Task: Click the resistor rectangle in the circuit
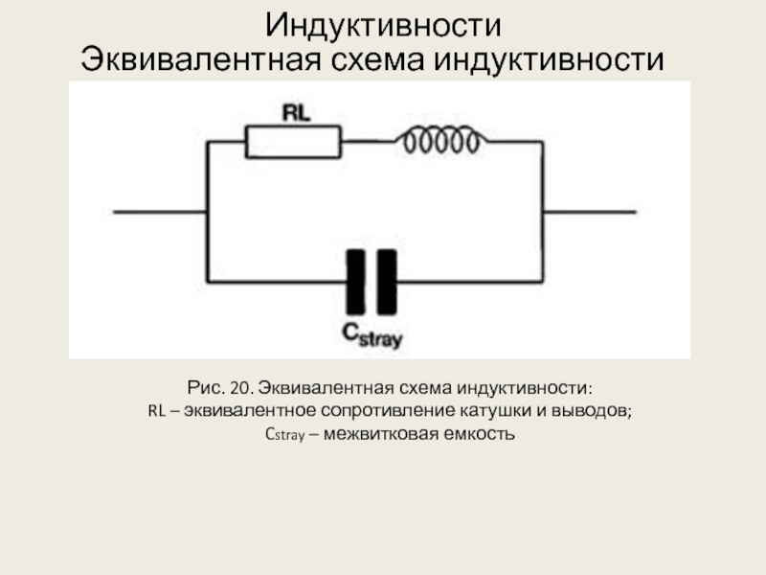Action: pyautogui.click(x=293, y=143)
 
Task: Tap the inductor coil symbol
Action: pyautogui.click(x=439, y=142)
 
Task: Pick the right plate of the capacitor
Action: pyautogui.click(x=386, y=282)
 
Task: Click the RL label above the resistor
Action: pyautogui.click(x=296, y=112)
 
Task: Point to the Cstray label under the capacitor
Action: pyautogui.click(x=373, y=334)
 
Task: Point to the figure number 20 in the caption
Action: pyautogui.click(x=240, y=388)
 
